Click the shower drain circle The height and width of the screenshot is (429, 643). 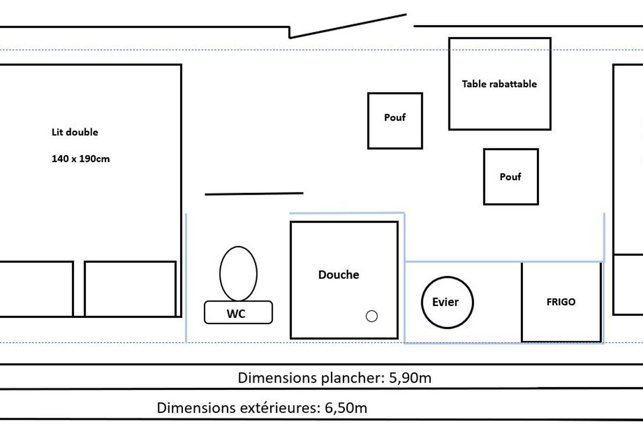tap(371, 316)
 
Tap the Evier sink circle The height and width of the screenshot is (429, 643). tap(447, 302)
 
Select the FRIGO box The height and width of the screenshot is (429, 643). tap(561, 302)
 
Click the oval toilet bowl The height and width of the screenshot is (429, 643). tap(238, 273)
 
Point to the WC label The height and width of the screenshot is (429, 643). tap(236, 314)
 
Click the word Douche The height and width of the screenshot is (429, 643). tap(339, 275)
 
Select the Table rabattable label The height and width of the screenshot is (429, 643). tap(499, 84)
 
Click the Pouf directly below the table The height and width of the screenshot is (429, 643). tap(511, 176)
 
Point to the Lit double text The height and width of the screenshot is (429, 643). tap(75, 132)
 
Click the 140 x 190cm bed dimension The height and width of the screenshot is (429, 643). tap(81, 159)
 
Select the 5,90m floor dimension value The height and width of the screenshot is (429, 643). tap(408, 378)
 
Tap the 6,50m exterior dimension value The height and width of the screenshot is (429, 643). tap(346, 408)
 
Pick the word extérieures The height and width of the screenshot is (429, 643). tap(278, 408)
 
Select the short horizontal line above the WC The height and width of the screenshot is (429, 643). tap(254, 194)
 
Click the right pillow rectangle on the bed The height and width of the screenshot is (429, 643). tap(130, 289)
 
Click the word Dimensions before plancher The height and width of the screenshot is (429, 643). tap(275, 378)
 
